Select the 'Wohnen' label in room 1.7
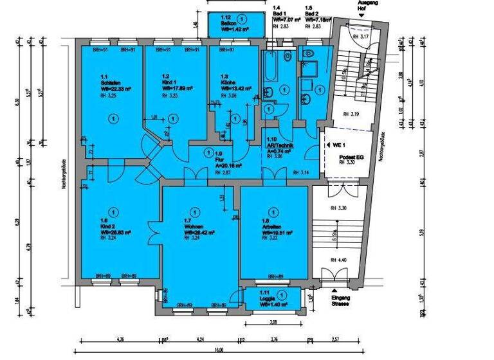tap(192, 226)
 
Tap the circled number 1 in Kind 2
tap(113, 211)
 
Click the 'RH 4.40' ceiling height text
tap(338, 260)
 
